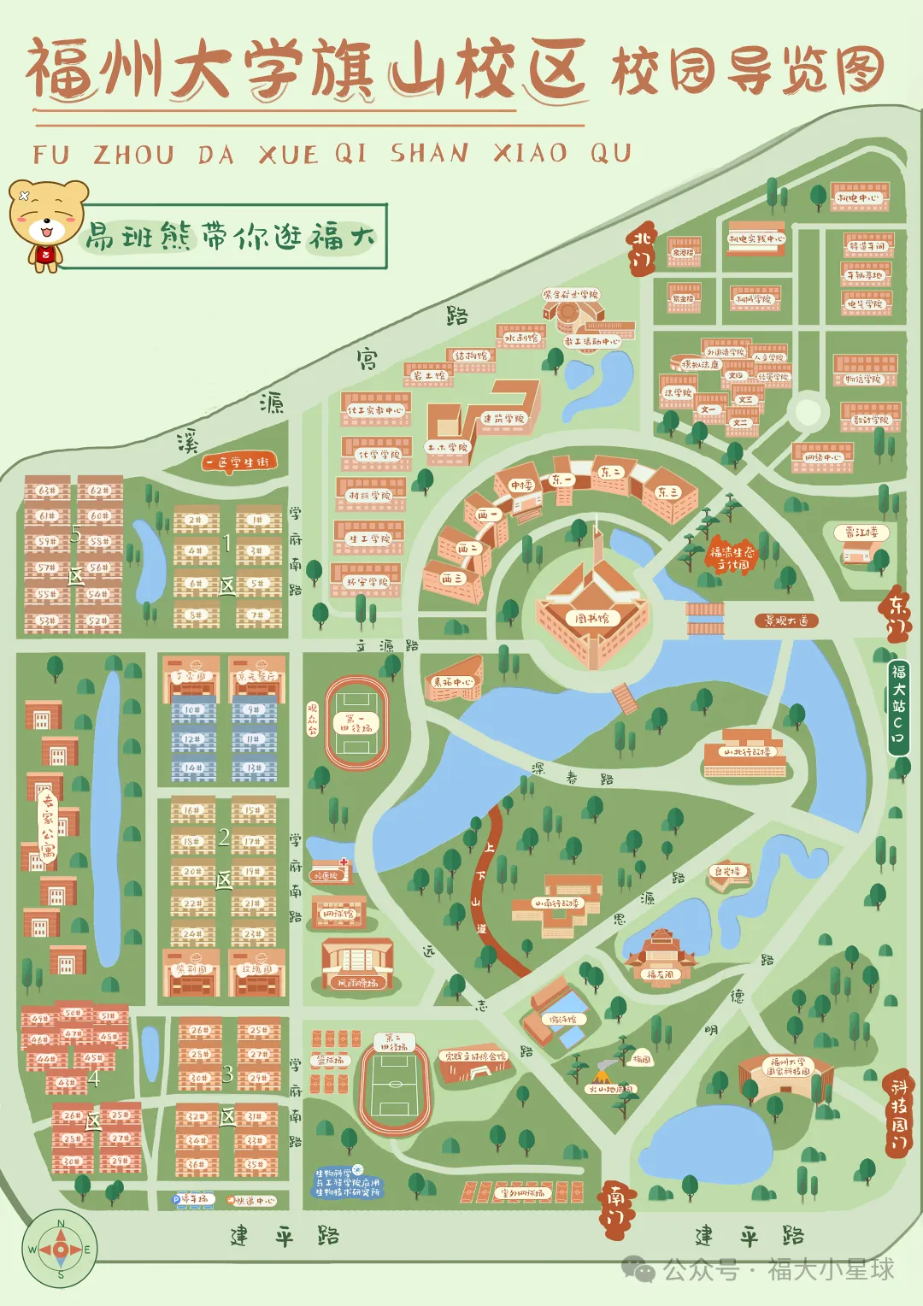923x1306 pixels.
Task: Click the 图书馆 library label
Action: click(591, 618)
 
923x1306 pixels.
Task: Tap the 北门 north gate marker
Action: click(643, 249)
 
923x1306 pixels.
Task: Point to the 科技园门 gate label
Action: click(897, 1115)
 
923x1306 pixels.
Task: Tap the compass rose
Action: click(60, 1249)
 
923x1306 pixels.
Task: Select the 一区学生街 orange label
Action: click(239, 462)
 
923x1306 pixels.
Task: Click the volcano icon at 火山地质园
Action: click(605, 1068)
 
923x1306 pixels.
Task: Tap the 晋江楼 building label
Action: click(861, 532)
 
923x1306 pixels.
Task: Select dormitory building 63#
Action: click(47, 491)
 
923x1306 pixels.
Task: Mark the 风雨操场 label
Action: click(357, 983)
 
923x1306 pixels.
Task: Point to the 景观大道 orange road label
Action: click(785, 621)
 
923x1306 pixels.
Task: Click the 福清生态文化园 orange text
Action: click(732, 558)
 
